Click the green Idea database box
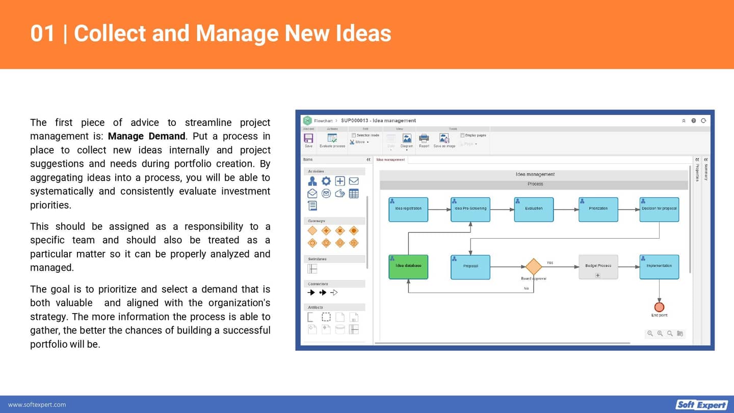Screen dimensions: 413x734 (408, 267)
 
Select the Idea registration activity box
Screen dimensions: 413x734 (408, 210)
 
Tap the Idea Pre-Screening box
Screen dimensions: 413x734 (470, 210)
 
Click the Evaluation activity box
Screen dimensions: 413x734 (534, 210)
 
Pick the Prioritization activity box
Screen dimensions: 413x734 (598, 210)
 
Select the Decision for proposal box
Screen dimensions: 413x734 (659, 210)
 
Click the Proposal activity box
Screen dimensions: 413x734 (470, 267)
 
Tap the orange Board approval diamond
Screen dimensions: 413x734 (533, 267)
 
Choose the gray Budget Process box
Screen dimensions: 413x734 (598, 267)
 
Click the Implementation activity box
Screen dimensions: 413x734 (659, 267)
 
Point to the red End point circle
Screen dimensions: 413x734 (659, 307)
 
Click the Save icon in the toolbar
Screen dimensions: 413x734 (308, 139)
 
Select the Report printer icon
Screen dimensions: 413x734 (424, 139)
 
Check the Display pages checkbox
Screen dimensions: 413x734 (462, 136)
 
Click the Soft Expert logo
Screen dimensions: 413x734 (701, 404)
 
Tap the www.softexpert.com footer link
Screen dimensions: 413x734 (37, 405)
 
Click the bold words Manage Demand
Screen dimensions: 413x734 (146, 136)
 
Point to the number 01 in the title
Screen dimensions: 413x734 (42, 34)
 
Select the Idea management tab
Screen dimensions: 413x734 (390, 160)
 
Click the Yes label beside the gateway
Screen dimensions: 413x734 (549, 263)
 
